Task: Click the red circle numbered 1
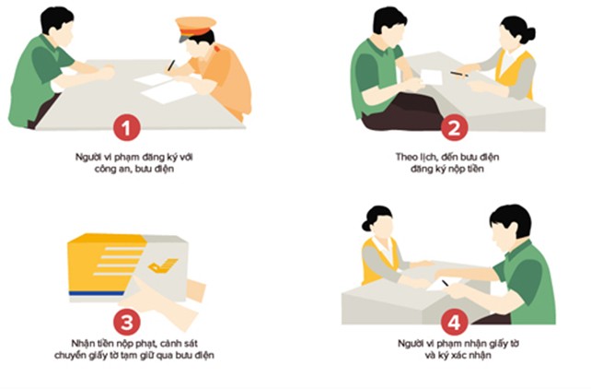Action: (x=127, y=127)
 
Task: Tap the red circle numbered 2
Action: (x=455, y=127)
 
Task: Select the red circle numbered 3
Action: (x=127, y=322)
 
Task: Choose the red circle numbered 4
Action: (x=455, y=322)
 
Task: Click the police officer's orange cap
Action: (x=195, y=27)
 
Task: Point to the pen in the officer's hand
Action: (x=171, y=65)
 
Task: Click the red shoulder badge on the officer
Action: (x=217, y=49)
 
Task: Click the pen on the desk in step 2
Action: (x=459, y=74)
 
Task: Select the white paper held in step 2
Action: (x=431, y=77)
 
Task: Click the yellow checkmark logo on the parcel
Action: (x=163, y=265)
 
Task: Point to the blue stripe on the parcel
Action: (x=96, y=293)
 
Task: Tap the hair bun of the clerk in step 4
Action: (x=366, y=226)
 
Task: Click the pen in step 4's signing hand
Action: (x=446, y=283)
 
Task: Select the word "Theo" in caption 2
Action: (x=406, y=157)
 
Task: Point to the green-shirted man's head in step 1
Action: (x=57, y=27)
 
